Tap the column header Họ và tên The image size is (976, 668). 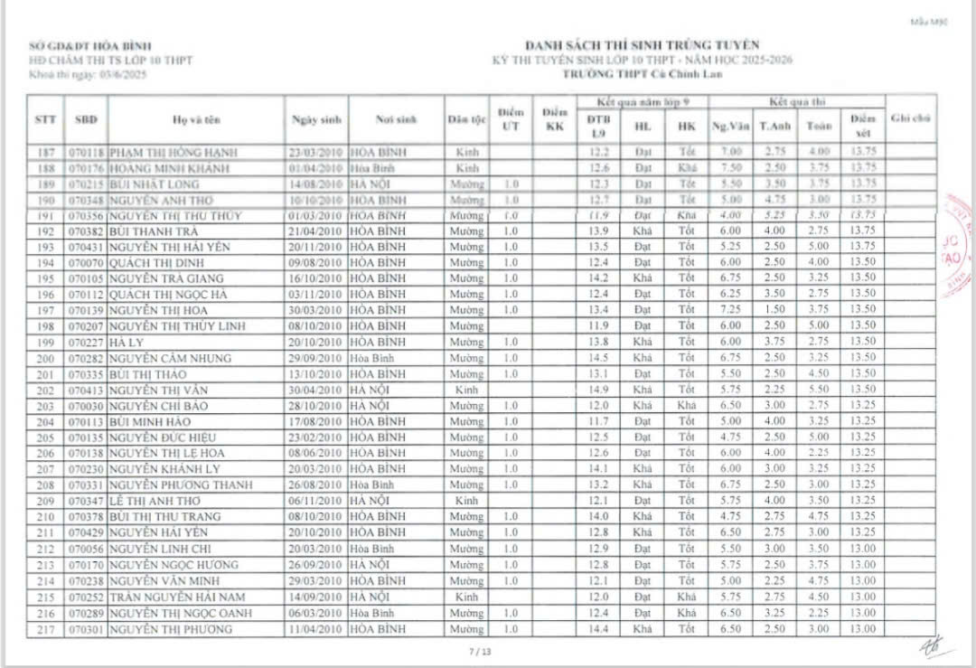(x=196, y=119)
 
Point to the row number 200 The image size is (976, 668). (x=46, y=358)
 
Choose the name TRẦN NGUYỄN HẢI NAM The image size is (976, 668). (x=173, y=597)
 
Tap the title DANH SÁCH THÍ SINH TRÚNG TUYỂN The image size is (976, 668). (x=642, y=45)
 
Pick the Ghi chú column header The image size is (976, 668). (x=911, y=118)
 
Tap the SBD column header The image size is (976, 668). (x=87, y=119)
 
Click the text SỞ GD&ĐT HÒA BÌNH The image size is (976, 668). (x=90, y=46)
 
